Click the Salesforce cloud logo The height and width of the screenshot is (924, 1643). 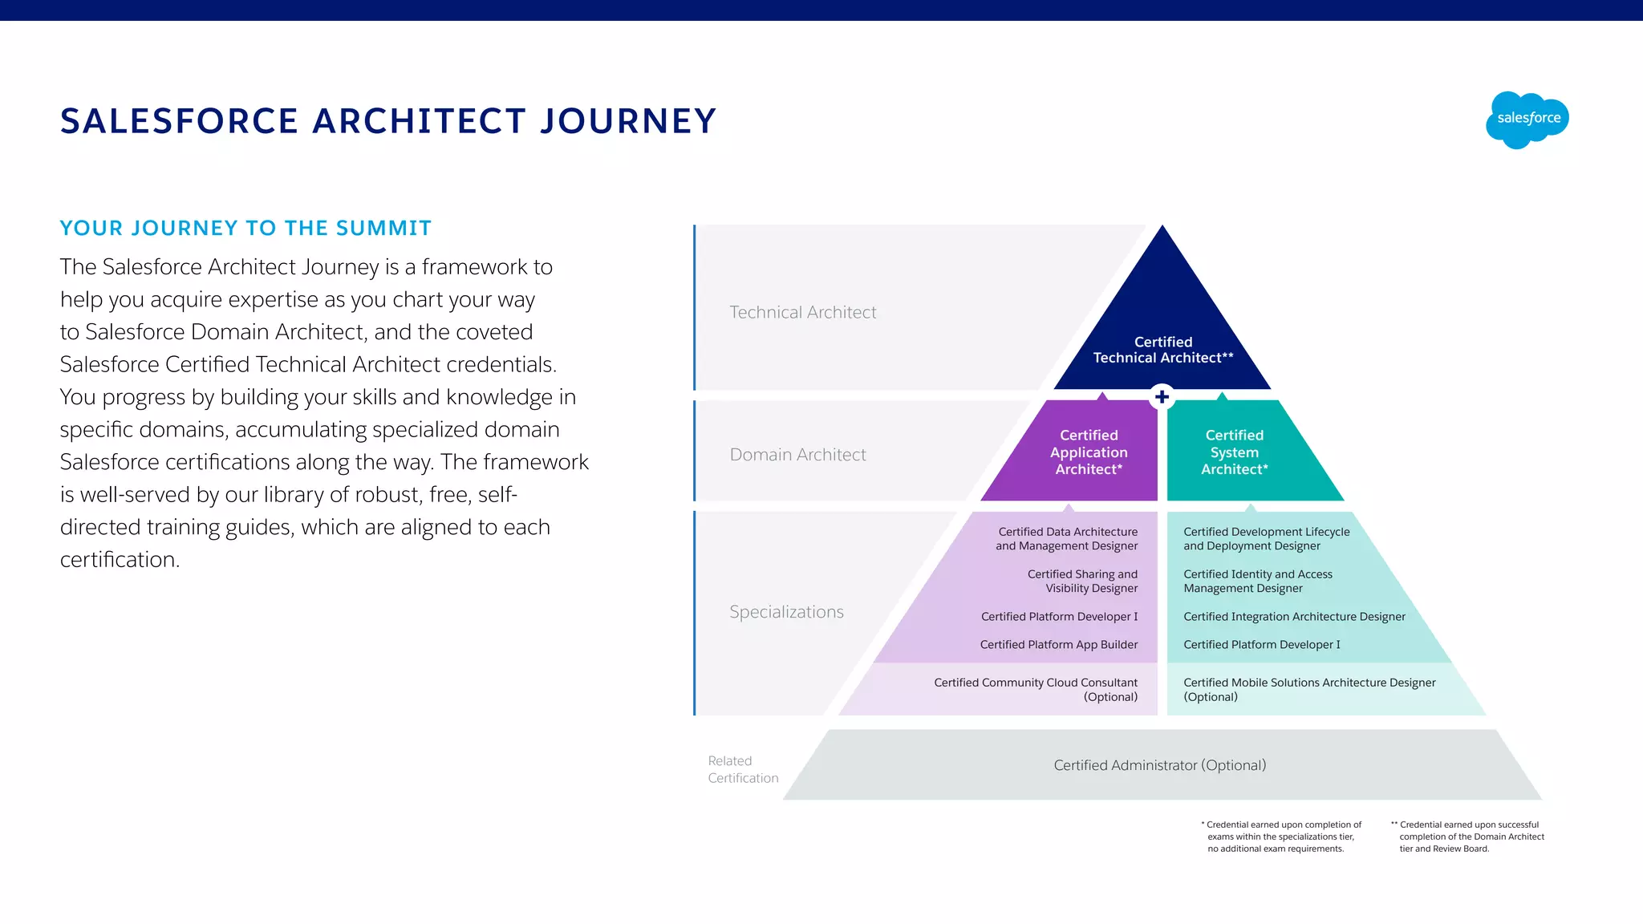[1527, 120]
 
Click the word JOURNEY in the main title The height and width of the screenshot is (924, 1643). [627, 121]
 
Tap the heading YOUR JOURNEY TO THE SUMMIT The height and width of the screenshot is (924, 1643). [245, 229]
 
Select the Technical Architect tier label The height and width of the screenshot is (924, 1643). [802, 312]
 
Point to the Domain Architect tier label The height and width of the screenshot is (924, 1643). [797, 455]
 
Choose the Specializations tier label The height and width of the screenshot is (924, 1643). [786, 612]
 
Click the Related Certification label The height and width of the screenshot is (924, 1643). [742, 769]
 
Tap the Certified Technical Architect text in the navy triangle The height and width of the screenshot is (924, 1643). [1162, 350]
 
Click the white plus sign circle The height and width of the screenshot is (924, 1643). [1162, 396]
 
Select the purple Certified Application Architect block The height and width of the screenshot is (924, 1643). [1088, 452]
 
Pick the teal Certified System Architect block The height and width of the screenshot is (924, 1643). [1234, 452]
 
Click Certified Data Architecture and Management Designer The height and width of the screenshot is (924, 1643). [1067, 538]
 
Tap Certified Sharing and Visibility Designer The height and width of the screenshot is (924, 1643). [1082, 581]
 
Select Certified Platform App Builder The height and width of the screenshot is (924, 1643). [1058, 645]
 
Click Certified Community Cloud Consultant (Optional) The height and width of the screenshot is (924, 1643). [1035, 689]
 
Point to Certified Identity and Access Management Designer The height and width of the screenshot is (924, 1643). [1257, 581]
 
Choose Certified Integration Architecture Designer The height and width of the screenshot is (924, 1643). [1294, 617]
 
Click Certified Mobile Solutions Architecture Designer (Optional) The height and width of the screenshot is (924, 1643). [1308, 689]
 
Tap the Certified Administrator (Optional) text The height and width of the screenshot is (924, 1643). [1159, 765]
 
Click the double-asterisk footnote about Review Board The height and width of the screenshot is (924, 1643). [1468, 837]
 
